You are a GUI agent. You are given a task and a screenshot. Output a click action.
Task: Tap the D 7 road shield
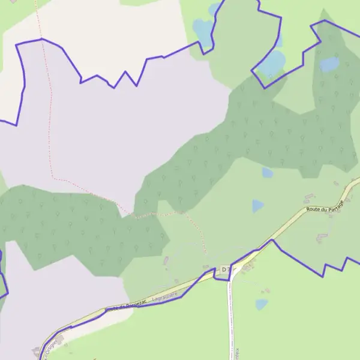pos(226,271)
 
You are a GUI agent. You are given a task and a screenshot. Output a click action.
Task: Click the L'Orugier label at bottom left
pos(50,347)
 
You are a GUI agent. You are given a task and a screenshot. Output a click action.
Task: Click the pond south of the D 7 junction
pos(261,304)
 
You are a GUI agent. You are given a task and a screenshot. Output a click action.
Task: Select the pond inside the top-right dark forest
pos(329,64)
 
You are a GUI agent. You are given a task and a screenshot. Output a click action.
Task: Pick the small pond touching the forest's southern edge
pos(267,173)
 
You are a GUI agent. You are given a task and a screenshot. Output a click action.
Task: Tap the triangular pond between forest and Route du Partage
pos(257,206)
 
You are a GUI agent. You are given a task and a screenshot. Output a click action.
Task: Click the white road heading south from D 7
pos(230,318)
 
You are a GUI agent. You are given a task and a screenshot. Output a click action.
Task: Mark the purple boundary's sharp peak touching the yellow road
pos(273,240)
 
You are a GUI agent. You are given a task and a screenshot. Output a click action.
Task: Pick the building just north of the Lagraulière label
pos(166,262)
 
